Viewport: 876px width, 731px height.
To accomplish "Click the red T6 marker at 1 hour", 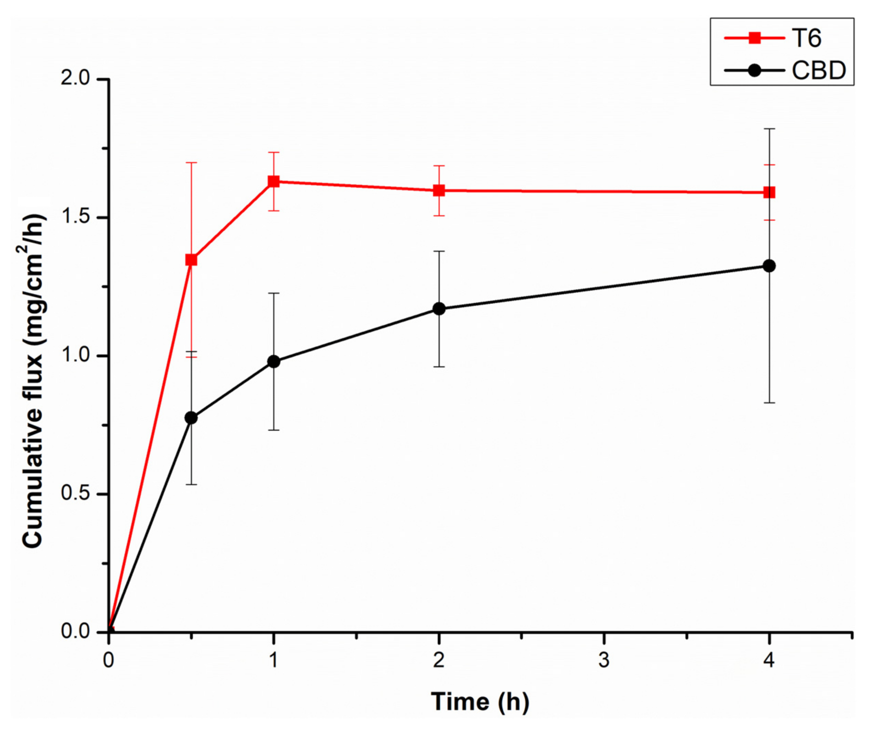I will point(274,182).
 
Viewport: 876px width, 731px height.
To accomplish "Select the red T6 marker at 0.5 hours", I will point(191,260).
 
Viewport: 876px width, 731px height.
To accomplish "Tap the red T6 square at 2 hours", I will point(439,191).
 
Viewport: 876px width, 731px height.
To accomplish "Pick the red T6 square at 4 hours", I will point(769,192).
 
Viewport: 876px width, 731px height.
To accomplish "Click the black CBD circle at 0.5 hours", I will point(191,418).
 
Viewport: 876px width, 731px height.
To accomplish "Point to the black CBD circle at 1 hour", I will point(274,362).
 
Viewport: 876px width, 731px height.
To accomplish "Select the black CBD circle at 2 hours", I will point(439,309).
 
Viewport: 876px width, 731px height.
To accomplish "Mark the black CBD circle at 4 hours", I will point(769,266).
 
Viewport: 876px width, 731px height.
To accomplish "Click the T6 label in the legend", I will point(806,38).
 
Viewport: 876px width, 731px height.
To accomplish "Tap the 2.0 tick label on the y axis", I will point(75,79).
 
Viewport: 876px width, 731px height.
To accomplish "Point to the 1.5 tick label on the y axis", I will point(75,217).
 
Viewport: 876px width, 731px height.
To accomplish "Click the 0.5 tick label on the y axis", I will point(75,494).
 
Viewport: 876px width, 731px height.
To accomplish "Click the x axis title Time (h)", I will point(480,702).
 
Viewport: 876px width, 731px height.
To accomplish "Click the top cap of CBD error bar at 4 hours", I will point(769,129).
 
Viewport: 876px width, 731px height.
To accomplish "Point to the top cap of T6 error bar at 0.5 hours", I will point(191,163).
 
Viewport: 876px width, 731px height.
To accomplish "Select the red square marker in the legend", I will point(755,38).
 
